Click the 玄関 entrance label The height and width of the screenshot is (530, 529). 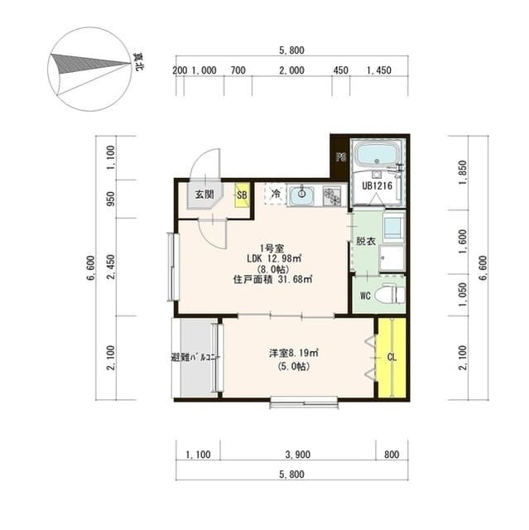coord(203,195)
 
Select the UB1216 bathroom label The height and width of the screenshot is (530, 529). coord(376,186)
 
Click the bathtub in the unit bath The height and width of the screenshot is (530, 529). coord(377,154)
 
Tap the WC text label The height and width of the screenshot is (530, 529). coord(363,296)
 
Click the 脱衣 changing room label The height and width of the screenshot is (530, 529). coord(365,241)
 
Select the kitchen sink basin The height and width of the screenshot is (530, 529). coord(301,196)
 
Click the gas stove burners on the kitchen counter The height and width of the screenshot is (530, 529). coord(333,196)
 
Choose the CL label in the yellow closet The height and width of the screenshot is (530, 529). coord(391,357)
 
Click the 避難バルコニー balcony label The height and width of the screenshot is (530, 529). coord(194,358)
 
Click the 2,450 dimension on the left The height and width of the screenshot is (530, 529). coord(111,267)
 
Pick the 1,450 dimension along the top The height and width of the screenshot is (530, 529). coord(378,70)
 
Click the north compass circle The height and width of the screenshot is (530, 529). coord(89,70)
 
